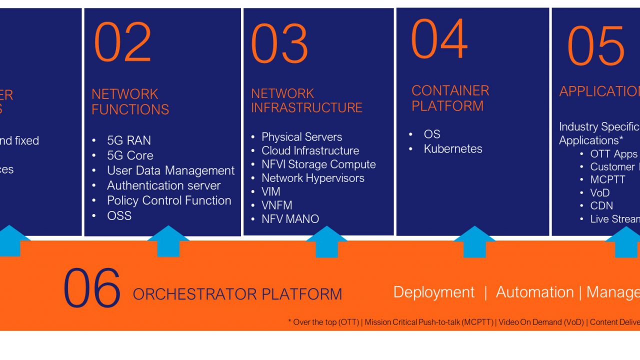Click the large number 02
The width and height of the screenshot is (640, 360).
(122, 42)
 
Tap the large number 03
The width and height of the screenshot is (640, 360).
(279, 43)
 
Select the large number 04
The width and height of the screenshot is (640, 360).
(439, 39)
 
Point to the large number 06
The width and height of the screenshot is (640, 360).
(92, 288)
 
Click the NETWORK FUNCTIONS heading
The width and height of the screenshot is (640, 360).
(130, 101)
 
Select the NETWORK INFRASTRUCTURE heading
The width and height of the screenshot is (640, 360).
(306, 100)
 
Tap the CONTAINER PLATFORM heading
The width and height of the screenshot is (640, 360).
(450, 98)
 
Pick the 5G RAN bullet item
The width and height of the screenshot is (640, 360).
(128, 140)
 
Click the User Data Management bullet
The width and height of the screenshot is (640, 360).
(170, 170)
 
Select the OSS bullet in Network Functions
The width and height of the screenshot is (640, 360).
(119, 215)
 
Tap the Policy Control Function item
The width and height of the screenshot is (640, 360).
(169, 200)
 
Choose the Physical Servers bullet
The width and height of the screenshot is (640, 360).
(301, 137)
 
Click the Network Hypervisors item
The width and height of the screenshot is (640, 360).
(312, 178)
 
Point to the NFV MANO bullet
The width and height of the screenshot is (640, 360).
(290, 218)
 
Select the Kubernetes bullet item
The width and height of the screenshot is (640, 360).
(452, 148)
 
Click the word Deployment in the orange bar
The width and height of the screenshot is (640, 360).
(433, 292)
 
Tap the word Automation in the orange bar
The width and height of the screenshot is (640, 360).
(534, 292)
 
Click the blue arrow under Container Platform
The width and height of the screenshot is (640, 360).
(474, 242)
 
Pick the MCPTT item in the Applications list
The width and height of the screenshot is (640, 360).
(607, 179)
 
